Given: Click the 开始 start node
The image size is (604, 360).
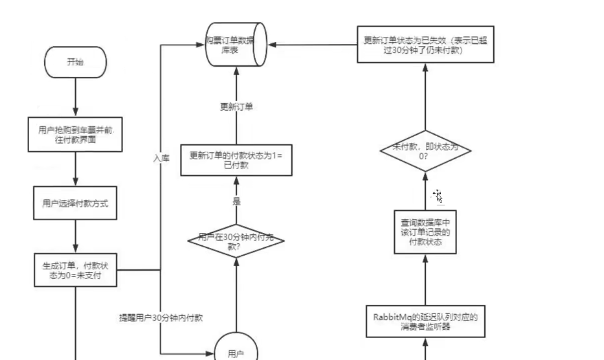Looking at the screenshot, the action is click(x=75, y=62).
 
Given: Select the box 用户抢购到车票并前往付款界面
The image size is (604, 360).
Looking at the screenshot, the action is click(x=75, y=135).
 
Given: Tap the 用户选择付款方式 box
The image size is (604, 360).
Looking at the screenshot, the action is click(x=75, y=203).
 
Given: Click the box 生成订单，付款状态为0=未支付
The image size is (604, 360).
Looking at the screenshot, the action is click(x=75, y=270).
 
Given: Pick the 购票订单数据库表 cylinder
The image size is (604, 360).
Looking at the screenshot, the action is click(x=236, y=44).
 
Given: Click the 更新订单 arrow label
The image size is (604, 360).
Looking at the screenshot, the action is click(x=236, y=107).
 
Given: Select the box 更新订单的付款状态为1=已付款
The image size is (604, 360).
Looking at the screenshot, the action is click(x=236, y=160).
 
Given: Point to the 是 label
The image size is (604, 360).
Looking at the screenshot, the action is click(x=236, y=201).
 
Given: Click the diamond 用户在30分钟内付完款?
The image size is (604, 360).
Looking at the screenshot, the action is click(x=236, y=241).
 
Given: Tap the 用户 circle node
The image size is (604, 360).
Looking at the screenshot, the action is click(x=236, y=348).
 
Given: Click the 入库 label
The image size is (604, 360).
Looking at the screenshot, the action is click(x=161, y=158).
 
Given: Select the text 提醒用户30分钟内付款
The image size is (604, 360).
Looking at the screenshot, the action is click(x=161, y=318).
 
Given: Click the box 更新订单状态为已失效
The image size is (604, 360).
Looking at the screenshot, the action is click(x=425, y=44).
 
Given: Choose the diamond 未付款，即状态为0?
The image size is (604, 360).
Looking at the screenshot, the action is click(x=425, y=151).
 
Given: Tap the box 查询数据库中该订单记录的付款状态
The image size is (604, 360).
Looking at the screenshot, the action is click(x=425, y=232).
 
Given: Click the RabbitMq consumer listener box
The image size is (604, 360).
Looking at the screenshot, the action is click(x=425, y=321).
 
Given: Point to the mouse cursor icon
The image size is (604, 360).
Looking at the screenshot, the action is click(x=438, y=196).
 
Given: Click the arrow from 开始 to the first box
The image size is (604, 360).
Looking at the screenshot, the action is click(x=75, y=97).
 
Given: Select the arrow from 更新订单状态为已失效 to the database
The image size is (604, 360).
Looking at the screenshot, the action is click(x=313, y=45).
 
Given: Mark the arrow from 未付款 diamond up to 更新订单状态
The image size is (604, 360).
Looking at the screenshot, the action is click(x=425, y=97).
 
